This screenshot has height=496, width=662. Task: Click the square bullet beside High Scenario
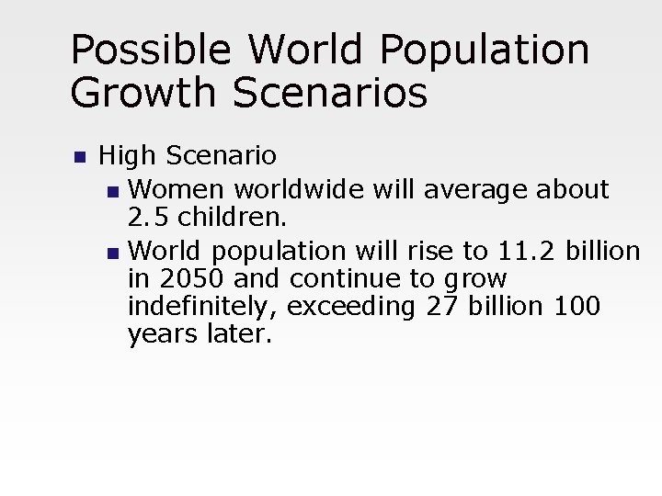tap(79, 157)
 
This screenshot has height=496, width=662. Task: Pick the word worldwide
tap(300, 190)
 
